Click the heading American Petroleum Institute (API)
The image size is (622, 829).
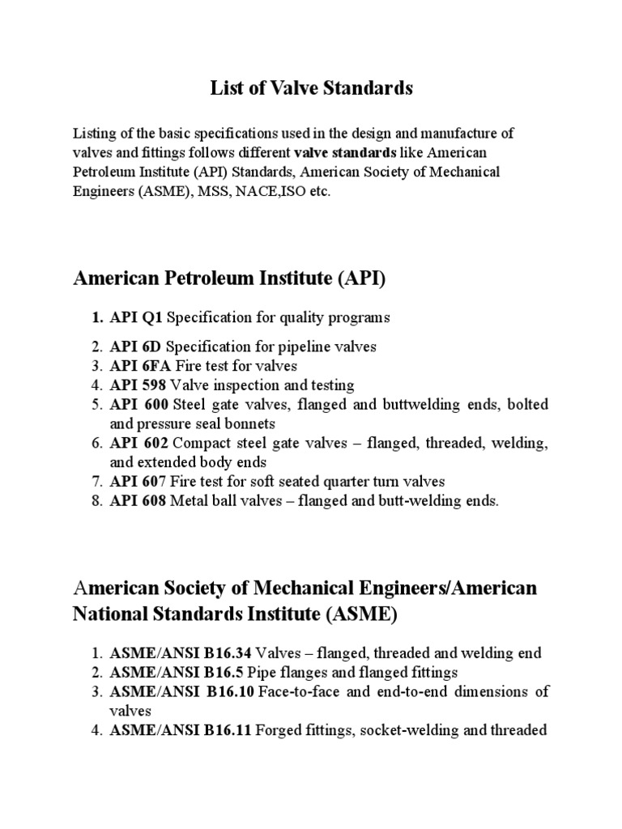230,280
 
